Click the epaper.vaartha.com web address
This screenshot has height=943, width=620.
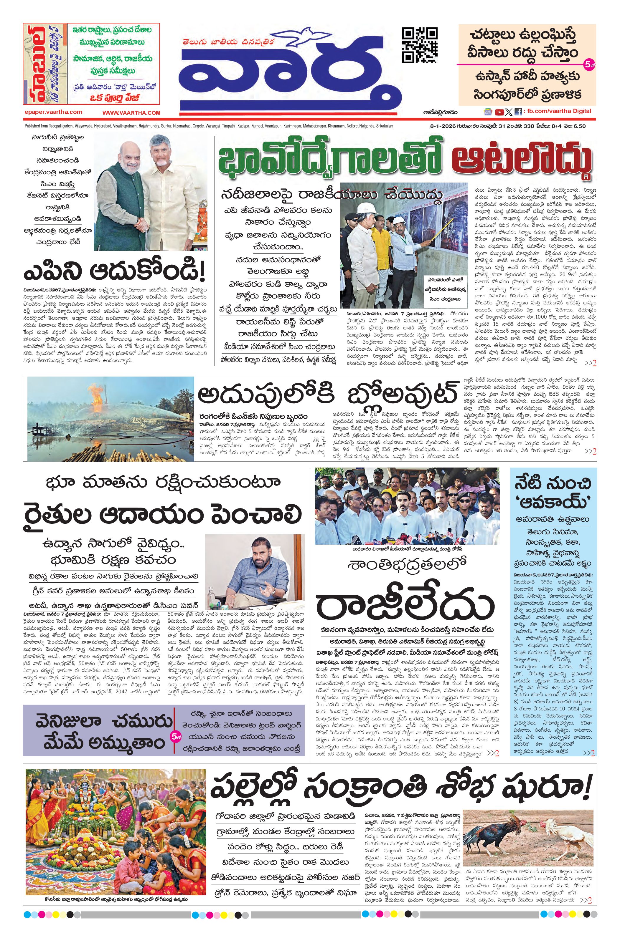[x=53, y=112]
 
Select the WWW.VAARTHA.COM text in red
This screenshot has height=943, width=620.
[x=131, y=112]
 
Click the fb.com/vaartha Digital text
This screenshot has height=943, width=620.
[x=558, y=111]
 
